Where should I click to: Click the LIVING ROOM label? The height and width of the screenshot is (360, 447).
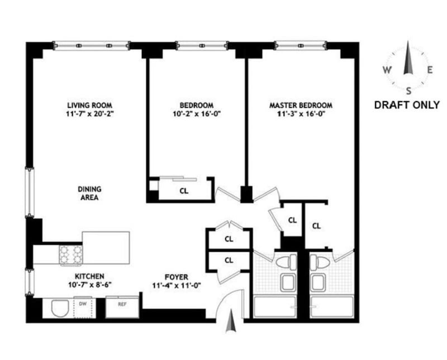[x=89, y=105]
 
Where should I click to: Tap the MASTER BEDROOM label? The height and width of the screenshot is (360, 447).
[x=301, y=105]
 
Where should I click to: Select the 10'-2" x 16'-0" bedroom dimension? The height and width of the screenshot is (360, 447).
[x=197, y=114]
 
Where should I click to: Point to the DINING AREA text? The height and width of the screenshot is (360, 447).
[x=89, y=193]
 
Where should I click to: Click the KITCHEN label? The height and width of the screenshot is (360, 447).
[x=89, y=276]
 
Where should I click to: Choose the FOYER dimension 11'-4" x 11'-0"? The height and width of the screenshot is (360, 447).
[x=177, y=285]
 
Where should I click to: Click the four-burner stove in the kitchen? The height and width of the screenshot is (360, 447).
[x=71, y=255]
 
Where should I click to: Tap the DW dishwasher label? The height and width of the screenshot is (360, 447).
[x=83, y=304]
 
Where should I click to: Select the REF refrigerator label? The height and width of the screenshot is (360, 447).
[x=122, y=304]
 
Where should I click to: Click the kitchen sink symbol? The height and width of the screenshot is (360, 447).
[x=60, y=308]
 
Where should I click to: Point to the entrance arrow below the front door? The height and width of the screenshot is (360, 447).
[x=231, y=322]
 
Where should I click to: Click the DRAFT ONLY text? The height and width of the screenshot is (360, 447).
[x=407, y=105]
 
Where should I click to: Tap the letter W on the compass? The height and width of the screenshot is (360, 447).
[x=387, y=70]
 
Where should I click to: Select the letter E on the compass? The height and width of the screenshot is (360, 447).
[x=430, y=70]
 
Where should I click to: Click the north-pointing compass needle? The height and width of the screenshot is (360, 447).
[x=408, y=58]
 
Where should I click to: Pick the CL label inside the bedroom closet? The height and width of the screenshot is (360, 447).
[x=184, y=191]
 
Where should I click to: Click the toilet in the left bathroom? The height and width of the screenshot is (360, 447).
[x=287, y=261]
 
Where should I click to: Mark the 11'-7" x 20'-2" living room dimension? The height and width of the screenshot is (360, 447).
[x=90, y=114]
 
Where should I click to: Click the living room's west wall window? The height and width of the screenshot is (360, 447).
[x=30, y=192]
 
